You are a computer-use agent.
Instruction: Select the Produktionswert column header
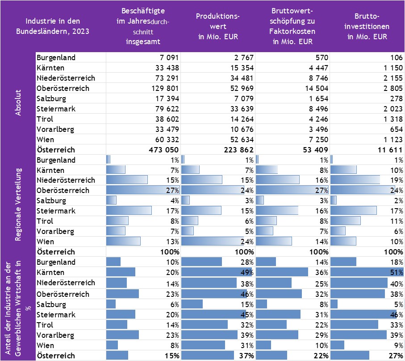pyautogui.click(x=218, y=26)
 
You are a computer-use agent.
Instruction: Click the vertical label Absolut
pyautogui.click(x=18, y=103)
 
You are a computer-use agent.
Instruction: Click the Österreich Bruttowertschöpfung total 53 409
pyautogui.click(x=315, y=150)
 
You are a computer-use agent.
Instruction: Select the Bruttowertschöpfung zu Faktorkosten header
pyautogui.click(x=292, y=26)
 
